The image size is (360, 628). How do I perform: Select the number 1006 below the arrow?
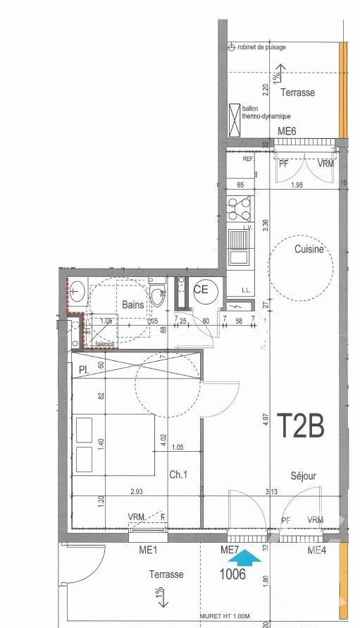pos(232,574)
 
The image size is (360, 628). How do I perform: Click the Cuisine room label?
pos(309,250)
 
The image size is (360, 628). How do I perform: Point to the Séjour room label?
pos(302,476)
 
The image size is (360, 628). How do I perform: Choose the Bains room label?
pos(132,305)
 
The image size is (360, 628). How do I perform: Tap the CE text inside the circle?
pos(200,289)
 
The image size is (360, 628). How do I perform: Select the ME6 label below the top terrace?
pos(287,132)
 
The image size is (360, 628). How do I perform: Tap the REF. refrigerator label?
pos(248,159)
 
